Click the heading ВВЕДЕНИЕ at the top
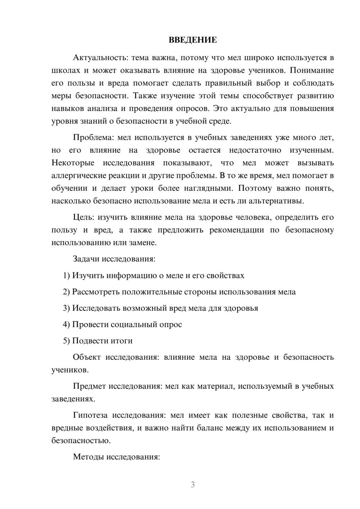pyautogui.click(x=193, y=40)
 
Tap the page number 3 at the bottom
pyautogui.click(x=193, y=485)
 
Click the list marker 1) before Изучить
pyautogui.click(x=66, y=275)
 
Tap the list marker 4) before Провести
pyautogui.click(x=66, y=324)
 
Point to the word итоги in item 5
pyautogui.click(x=122, y=341)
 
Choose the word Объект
pyautogui.click(x=87, y=357)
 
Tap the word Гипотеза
pyautogui.click(x=90, y=415)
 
